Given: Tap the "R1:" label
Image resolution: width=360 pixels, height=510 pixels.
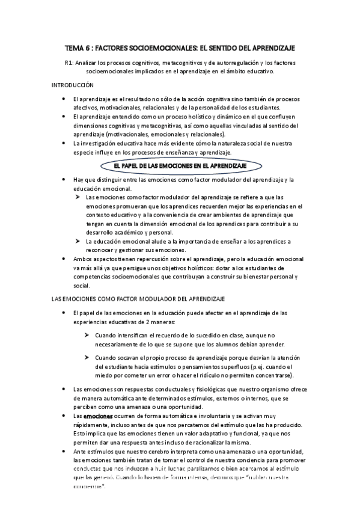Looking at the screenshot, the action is (69, 62).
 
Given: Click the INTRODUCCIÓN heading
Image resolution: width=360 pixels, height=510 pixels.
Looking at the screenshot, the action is (73, 85).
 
